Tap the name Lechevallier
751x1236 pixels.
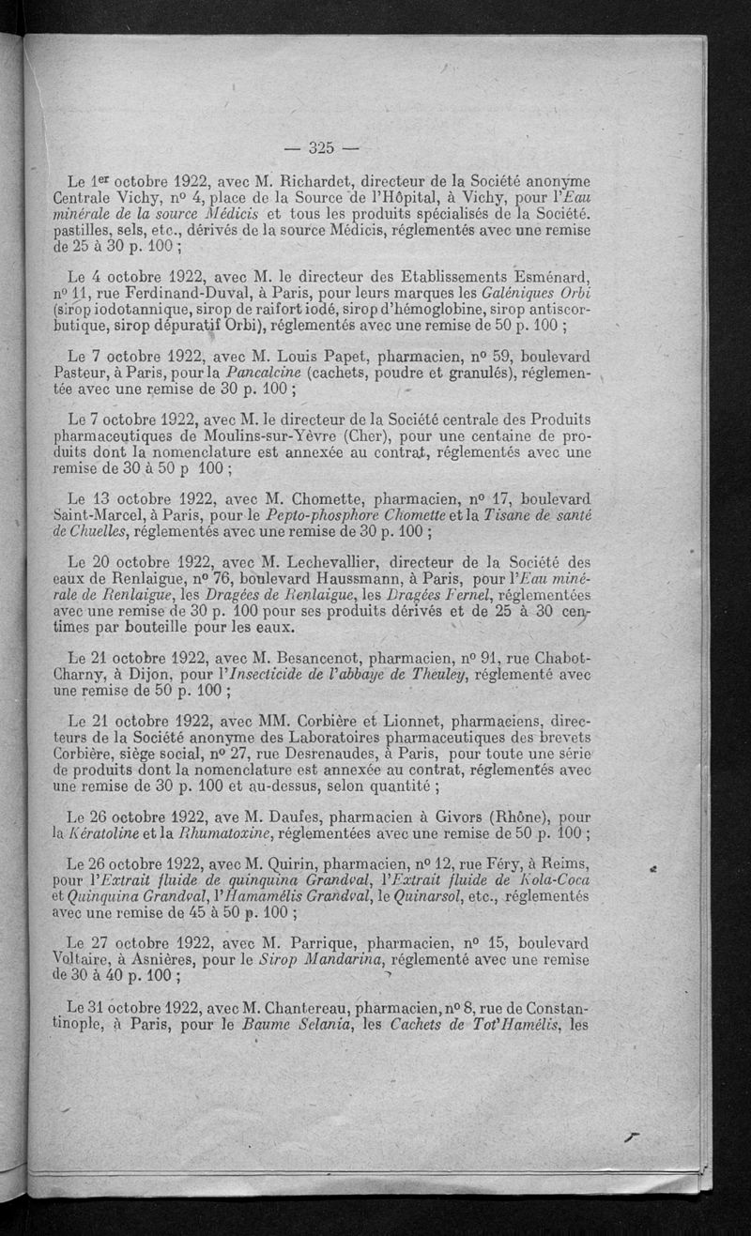click(340, 562)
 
